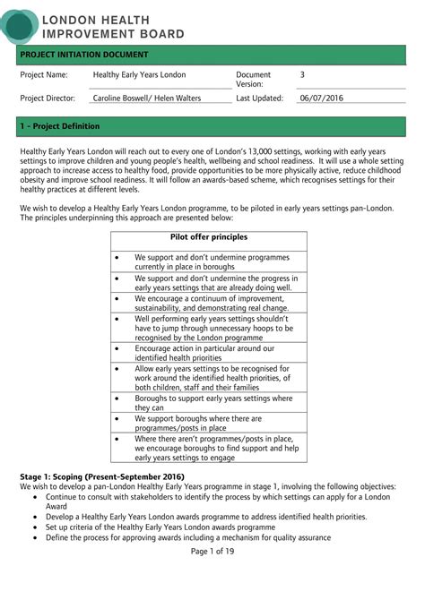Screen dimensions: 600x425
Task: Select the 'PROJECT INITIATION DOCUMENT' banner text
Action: tap(84, 56)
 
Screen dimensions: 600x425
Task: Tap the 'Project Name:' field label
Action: tap(44, 75)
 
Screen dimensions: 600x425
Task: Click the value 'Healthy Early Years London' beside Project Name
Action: tap(139, 75)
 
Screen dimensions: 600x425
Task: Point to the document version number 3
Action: tap(302, 75)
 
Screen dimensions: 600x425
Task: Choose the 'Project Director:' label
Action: tap(48, 99)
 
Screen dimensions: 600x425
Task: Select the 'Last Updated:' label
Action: tap(260, 99)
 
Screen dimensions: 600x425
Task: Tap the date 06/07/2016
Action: tap(321, 99)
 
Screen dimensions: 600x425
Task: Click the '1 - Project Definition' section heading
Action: tap(60, 126)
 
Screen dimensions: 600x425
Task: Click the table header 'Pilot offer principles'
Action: tap(209, 237)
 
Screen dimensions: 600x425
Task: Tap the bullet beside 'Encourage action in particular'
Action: tap(117, 348)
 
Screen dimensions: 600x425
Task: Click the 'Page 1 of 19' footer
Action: tap(212, 550)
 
